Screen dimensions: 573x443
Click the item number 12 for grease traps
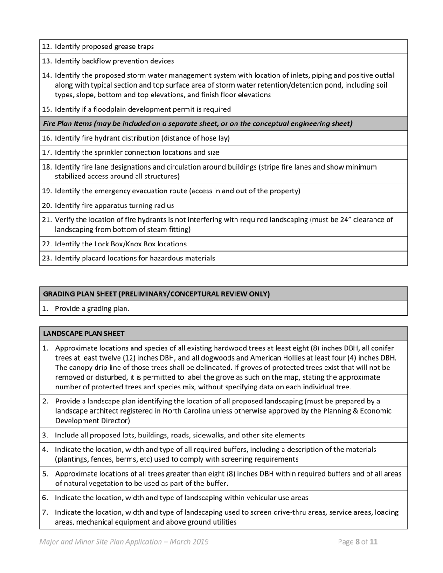pos(47,47)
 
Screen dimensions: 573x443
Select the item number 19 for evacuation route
pos(47,191)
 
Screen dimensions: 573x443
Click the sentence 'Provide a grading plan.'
pos(92,308)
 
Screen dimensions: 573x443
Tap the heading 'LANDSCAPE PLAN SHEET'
pos(83,334)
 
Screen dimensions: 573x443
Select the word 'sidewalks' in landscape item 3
pos(225,435)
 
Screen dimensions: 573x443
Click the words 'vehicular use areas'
pos(276,498)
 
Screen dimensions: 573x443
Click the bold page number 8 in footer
pos(358,542)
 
